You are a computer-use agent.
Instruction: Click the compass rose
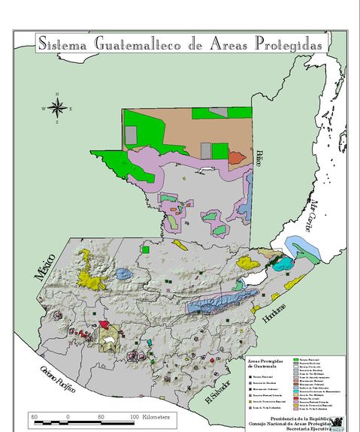tap(57, 107)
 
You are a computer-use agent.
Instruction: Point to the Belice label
tap(259, 159)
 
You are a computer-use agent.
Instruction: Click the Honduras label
tap(275, 307)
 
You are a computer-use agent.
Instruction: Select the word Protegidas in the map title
tap(288, 44)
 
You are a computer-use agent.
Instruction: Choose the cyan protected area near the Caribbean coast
tap(282, 263)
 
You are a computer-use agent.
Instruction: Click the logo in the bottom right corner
tap(338, 424)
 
